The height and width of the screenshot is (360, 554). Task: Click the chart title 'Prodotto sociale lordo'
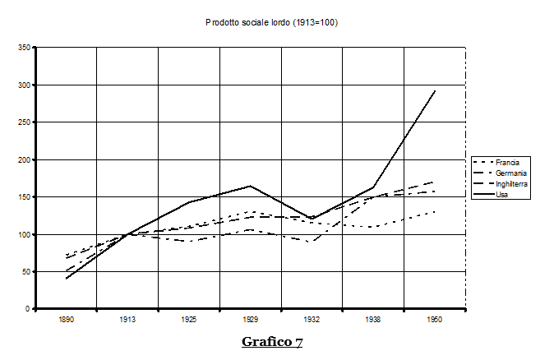pyautogui.click(x=271, y=22)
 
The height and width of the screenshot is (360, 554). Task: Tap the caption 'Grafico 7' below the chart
pyautogui.click(x=271, y=342)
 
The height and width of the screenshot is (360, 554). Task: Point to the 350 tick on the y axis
pyautogui.click(x=25, y=48)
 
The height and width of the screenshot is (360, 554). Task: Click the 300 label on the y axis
pyautogui.click(x=25, y=85)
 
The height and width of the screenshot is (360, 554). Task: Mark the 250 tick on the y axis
pyautogui.click(x=25, y=122)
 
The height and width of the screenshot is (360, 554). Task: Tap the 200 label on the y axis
pyautogui.click(x=25, y=160)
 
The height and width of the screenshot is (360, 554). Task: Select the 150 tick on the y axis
pyautogui.click(x=25, y=197)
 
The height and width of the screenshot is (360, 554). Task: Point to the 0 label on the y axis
pyautogui.click(x=29, y=309)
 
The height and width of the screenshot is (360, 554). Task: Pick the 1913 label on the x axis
pyautogui.click(x=127, y=320)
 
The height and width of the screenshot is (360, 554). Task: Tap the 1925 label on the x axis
pyautogui.click(x=189, y=320)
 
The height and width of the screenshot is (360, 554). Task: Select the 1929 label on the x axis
pyautogui.click(x=251, y=320)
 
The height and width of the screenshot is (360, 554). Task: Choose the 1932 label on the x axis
pyautogui.click(x=312, y=320)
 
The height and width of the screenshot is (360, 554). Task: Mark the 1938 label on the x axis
pyautogui.click(x=374, y=320)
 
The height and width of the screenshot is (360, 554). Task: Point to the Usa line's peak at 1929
pyautogui.click(x=251, y=186)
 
